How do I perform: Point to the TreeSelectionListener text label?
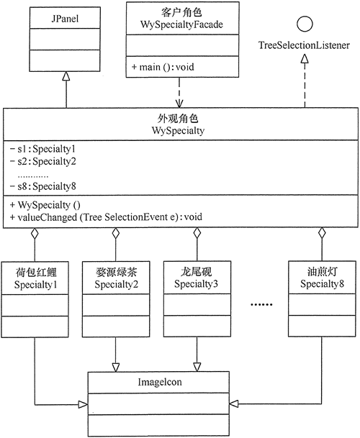click(305, 46)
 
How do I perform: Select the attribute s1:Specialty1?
click(38, 148)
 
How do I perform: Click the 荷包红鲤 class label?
click(35, 273)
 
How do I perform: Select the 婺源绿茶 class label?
click(116, 273)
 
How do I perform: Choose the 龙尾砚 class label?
click(197, 273)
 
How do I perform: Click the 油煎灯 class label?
click(322, 273)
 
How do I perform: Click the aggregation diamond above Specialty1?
click(35, 234)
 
